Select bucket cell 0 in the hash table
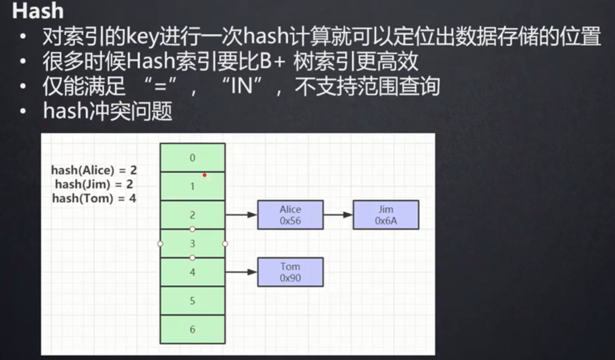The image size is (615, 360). (192, 158)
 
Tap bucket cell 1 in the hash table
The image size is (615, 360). (192, 186)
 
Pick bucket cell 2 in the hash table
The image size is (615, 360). (192, 214)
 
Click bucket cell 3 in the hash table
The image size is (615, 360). (192, 243)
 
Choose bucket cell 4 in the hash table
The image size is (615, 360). (192, 272)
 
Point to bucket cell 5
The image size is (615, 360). (192, 301)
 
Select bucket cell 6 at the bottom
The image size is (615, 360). (192, 329)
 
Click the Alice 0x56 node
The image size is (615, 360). (290, 215)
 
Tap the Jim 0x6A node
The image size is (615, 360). (386, 215)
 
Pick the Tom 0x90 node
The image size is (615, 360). (290, 272)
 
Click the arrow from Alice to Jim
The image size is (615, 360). (338, 215)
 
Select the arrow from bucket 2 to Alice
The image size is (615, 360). (241, 215)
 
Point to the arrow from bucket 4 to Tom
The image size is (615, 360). (241, 272)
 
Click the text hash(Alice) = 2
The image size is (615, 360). (94, 170)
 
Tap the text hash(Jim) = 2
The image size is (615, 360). (95, 184)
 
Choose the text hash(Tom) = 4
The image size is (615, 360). (94, 198)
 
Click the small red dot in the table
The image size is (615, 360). (205, 175)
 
